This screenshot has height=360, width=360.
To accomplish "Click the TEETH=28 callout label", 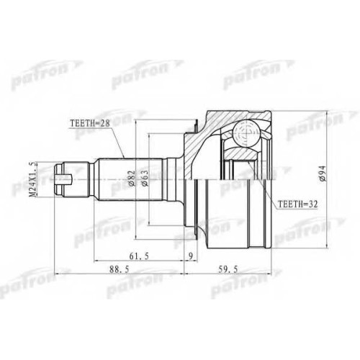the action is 89,123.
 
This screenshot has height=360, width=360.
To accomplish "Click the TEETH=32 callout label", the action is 297,204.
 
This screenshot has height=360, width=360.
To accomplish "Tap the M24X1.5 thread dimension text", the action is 33,179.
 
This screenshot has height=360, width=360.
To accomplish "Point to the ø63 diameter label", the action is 145,178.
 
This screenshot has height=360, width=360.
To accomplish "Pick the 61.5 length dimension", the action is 139,256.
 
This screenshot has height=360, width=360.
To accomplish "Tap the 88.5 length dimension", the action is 120,269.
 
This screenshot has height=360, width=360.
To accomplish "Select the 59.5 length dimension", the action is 228,269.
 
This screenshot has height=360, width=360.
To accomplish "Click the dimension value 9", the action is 191,256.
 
